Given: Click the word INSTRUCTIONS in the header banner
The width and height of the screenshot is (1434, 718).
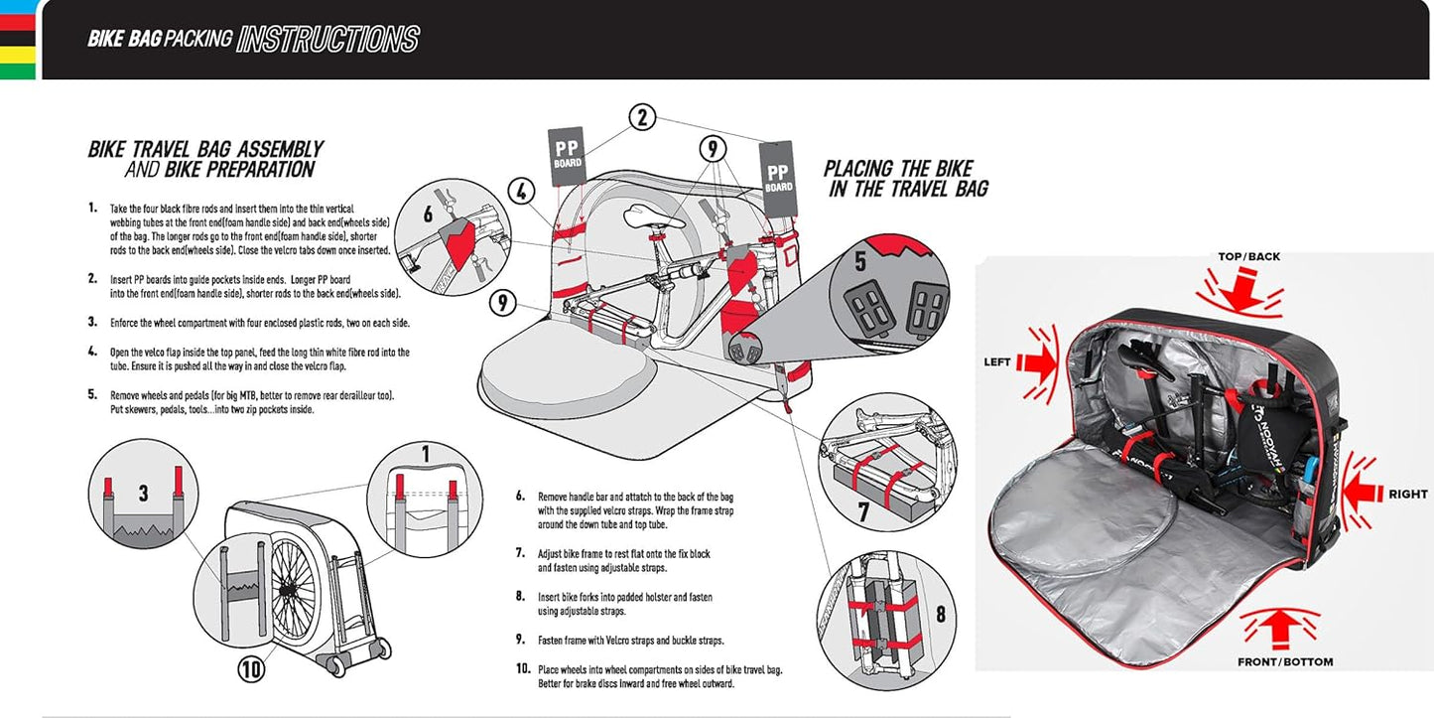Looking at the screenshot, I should click(328, 39).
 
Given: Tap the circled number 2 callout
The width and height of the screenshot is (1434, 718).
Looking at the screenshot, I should click(642, 118).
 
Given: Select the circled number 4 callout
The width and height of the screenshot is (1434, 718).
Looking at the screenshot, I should click(523, 190).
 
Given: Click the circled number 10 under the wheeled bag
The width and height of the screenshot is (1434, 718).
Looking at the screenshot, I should click(251, 669).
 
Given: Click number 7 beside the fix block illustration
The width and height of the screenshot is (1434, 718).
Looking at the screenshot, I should click(862, 512).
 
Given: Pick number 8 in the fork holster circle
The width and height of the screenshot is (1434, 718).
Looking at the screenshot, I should click(939, 613).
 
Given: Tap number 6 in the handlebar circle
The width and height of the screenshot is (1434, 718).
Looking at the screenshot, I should click(428, 215).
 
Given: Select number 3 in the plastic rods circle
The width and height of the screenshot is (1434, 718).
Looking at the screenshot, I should click(143, 494).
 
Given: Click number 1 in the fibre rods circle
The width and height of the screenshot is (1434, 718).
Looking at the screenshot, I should click(425, 455).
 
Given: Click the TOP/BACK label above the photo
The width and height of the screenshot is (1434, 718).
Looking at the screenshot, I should click(1248, 256).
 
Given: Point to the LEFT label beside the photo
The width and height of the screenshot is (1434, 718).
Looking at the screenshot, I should click(997, 361).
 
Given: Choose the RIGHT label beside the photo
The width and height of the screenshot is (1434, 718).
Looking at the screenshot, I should click(1408, 494).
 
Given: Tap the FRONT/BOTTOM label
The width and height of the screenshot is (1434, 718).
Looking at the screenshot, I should click(1284, 661).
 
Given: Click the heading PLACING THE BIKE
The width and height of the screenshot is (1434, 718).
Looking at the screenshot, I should click(898, 168).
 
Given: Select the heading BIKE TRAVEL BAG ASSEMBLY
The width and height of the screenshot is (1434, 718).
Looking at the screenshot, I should click(205, 149).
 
